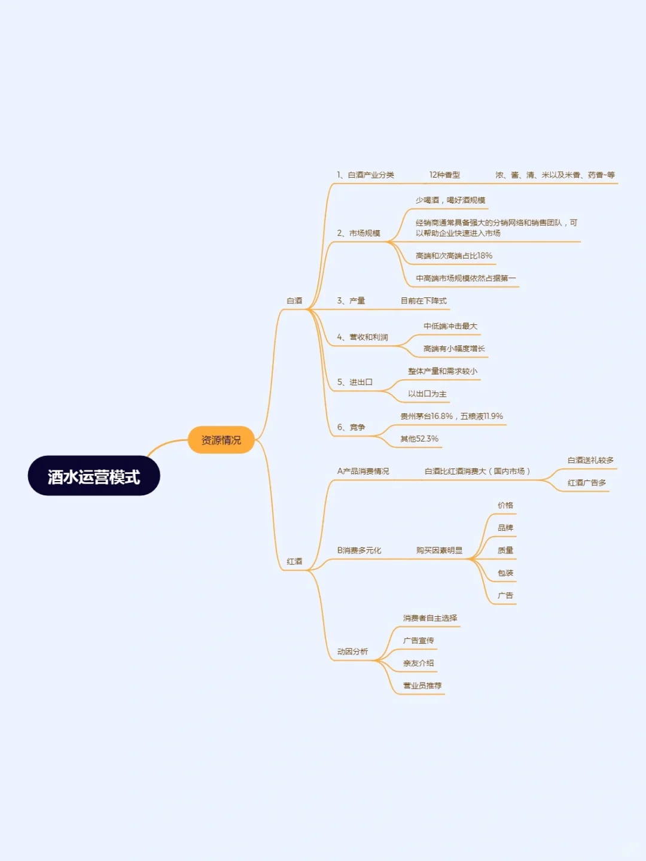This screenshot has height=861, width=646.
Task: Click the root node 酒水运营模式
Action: click(94, 476)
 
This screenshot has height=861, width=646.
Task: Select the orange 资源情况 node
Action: click(221, 440)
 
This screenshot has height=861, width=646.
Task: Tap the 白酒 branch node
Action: click(294, 301)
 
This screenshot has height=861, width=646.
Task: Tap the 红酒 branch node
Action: click(294, 561)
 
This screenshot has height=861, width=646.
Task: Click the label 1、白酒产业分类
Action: click(365, 175)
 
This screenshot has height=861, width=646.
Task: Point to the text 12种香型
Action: click(444, 175)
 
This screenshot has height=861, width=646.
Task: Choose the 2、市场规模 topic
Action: click(358, 233)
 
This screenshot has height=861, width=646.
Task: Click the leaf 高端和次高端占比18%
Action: click(454, 255)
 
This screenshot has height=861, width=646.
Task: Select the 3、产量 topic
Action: click(351, 301)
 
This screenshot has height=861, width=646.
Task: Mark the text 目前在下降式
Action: click(423, 301)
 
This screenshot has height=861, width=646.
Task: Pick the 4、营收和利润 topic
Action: click(362, 337)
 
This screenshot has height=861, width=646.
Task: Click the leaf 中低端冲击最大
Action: click(450, 326)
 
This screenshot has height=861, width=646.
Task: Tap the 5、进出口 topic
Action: click(355, 382)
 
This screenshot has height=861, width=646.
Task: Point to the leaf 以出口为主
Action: click(427, 394)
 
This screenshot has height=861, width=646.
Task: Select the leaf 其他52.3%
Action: click(419, 439)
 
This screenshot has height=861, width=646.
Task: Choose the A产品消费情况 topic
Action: click(363, 471)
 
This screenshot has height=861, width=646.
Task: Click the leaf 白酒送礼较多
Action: click(590, 460)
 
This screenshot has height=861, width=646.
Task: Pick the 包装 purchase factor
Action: click(505, 573)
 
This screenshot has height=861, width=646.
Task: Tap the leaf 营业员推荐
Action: click(422, 686)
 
